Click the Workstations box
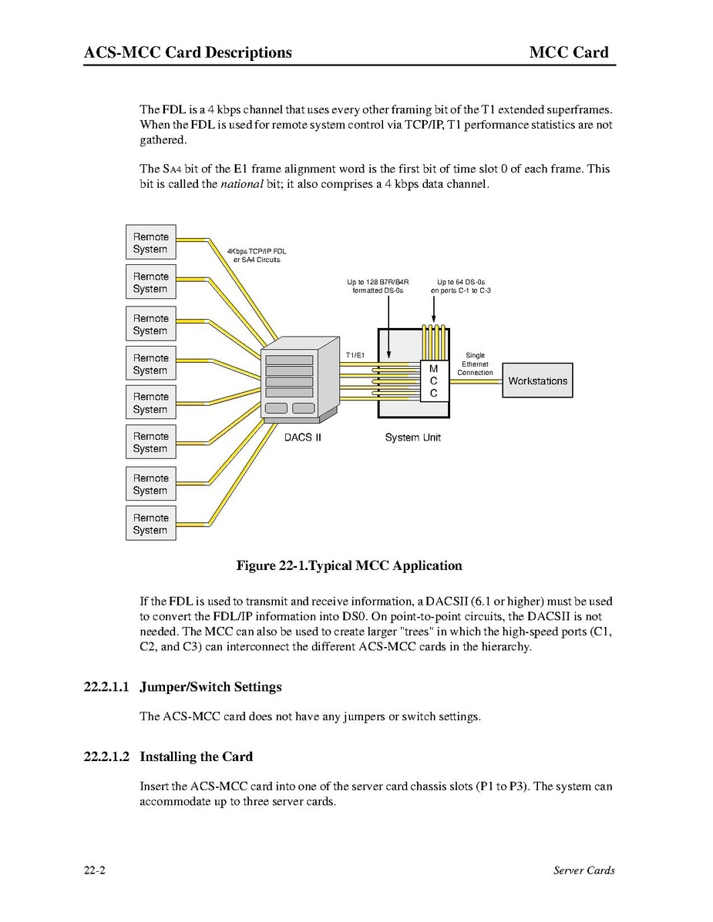click(x=537, y=381)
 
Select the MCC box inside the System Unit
click(x=433, y=381)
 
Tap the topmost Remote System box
click(x=151, y=243)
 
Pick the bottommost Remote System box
click(x=151, y=524)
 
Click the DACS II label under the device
click(x=302, y=438)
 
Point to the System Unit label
click(x=412, y=438)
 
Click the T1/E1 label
click(x=355, y=355)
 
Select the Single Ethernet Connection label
click(x=475, y=364)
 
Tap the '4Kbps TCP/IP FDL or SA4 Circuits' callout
click(x=257, y=255)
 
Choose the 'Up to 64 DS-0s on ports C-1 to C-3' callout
click(x=461, y=287)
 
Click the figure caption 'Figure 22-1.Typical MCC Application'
click(x=348, y=565)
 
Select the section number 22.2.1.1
click(x=107, y=686)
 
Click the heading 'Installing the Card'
click(x=196, y=756)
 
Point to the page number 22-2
click(x=95, y=870)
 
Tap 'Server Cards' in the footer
click(x=584, y=870)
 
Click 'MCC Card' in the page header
click(x=569, y=52)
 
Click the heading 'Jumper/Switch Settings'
click(x=210, y=686)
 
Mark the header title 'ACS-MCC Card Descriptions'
click(x=188, y=52)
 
